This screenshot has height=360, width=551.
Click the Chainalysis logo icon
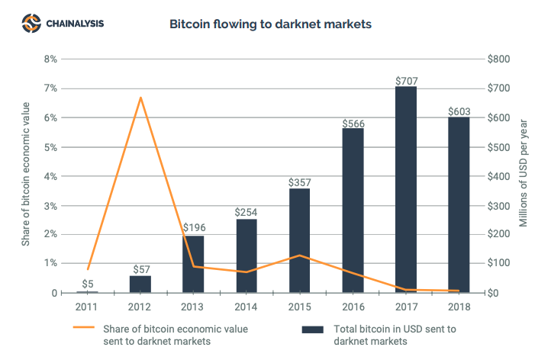click(31, 24)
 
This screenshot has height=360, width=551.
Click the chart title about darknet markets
click(270, 24)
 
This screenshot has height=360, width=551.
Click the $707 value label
click(406, 80)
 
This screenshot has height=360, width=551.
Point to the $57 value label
click(140, 269)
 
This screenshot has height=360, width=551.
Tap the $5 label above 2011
click(88, 284)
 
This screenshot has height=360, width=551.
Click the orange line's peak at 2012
click(140, 98)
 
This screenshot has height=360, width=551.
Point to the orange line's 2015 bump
click(300, 256)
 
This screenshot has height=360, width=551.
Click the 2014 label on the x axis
click(246, 307)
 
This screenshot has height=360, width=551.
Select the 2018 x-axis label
click(459, 307)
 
